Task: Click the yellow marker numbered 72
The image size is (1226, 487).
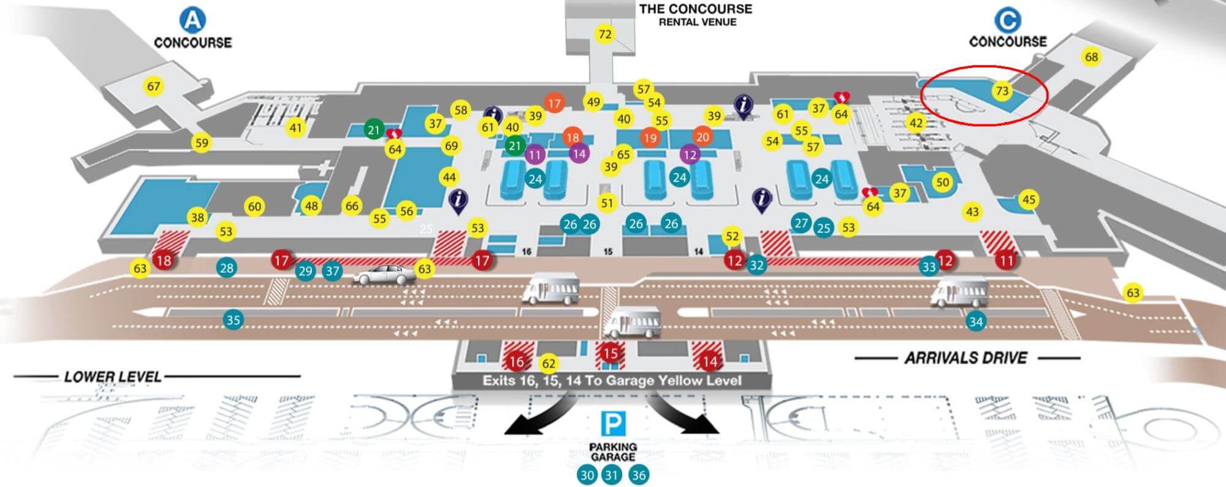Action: [605, 34]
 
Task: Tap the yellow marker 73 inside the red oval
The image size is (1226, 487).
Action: [1002, 91]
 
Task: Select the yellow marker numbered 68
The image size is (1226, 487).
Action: [1091, 57]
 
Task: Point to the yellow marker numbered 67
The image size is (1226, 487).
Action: [153, 86]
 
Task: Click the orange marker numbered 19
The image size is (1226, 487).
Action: [650, 137]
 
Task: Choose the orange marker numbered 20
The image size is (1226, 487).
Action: [702, 137]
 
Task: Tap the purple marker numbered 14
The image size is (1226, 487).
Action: [579, 153]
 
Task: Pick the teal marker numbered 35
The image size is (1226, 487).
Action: [233, 320]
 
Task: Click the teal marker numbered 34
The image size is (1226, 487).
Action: [975, 321]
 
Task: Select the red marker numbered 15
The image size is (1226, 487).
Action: [610, 353]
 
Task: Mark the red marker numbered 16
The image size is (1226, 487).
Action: [516, 361]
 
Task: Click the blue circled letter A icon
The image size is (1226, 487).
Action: [192, 20]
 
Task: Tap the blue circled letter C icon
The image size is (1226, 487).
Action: [1007, 20]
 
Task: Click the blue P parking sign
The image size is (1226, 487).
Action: [613, 424]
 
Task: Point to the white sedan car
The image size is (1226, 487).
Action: [383, 275]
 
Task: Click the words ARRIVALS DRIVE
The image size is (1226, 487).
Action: [966, 358]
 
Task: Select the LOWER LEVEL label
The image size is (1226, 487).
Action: [113, 377]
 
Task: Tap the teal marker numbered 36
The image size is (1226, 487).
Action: [639, 475]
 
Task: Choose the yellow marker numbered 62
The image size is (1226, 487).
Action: [549, 364]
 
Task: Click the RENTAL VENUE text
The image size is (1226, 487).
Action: [697, 22]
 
